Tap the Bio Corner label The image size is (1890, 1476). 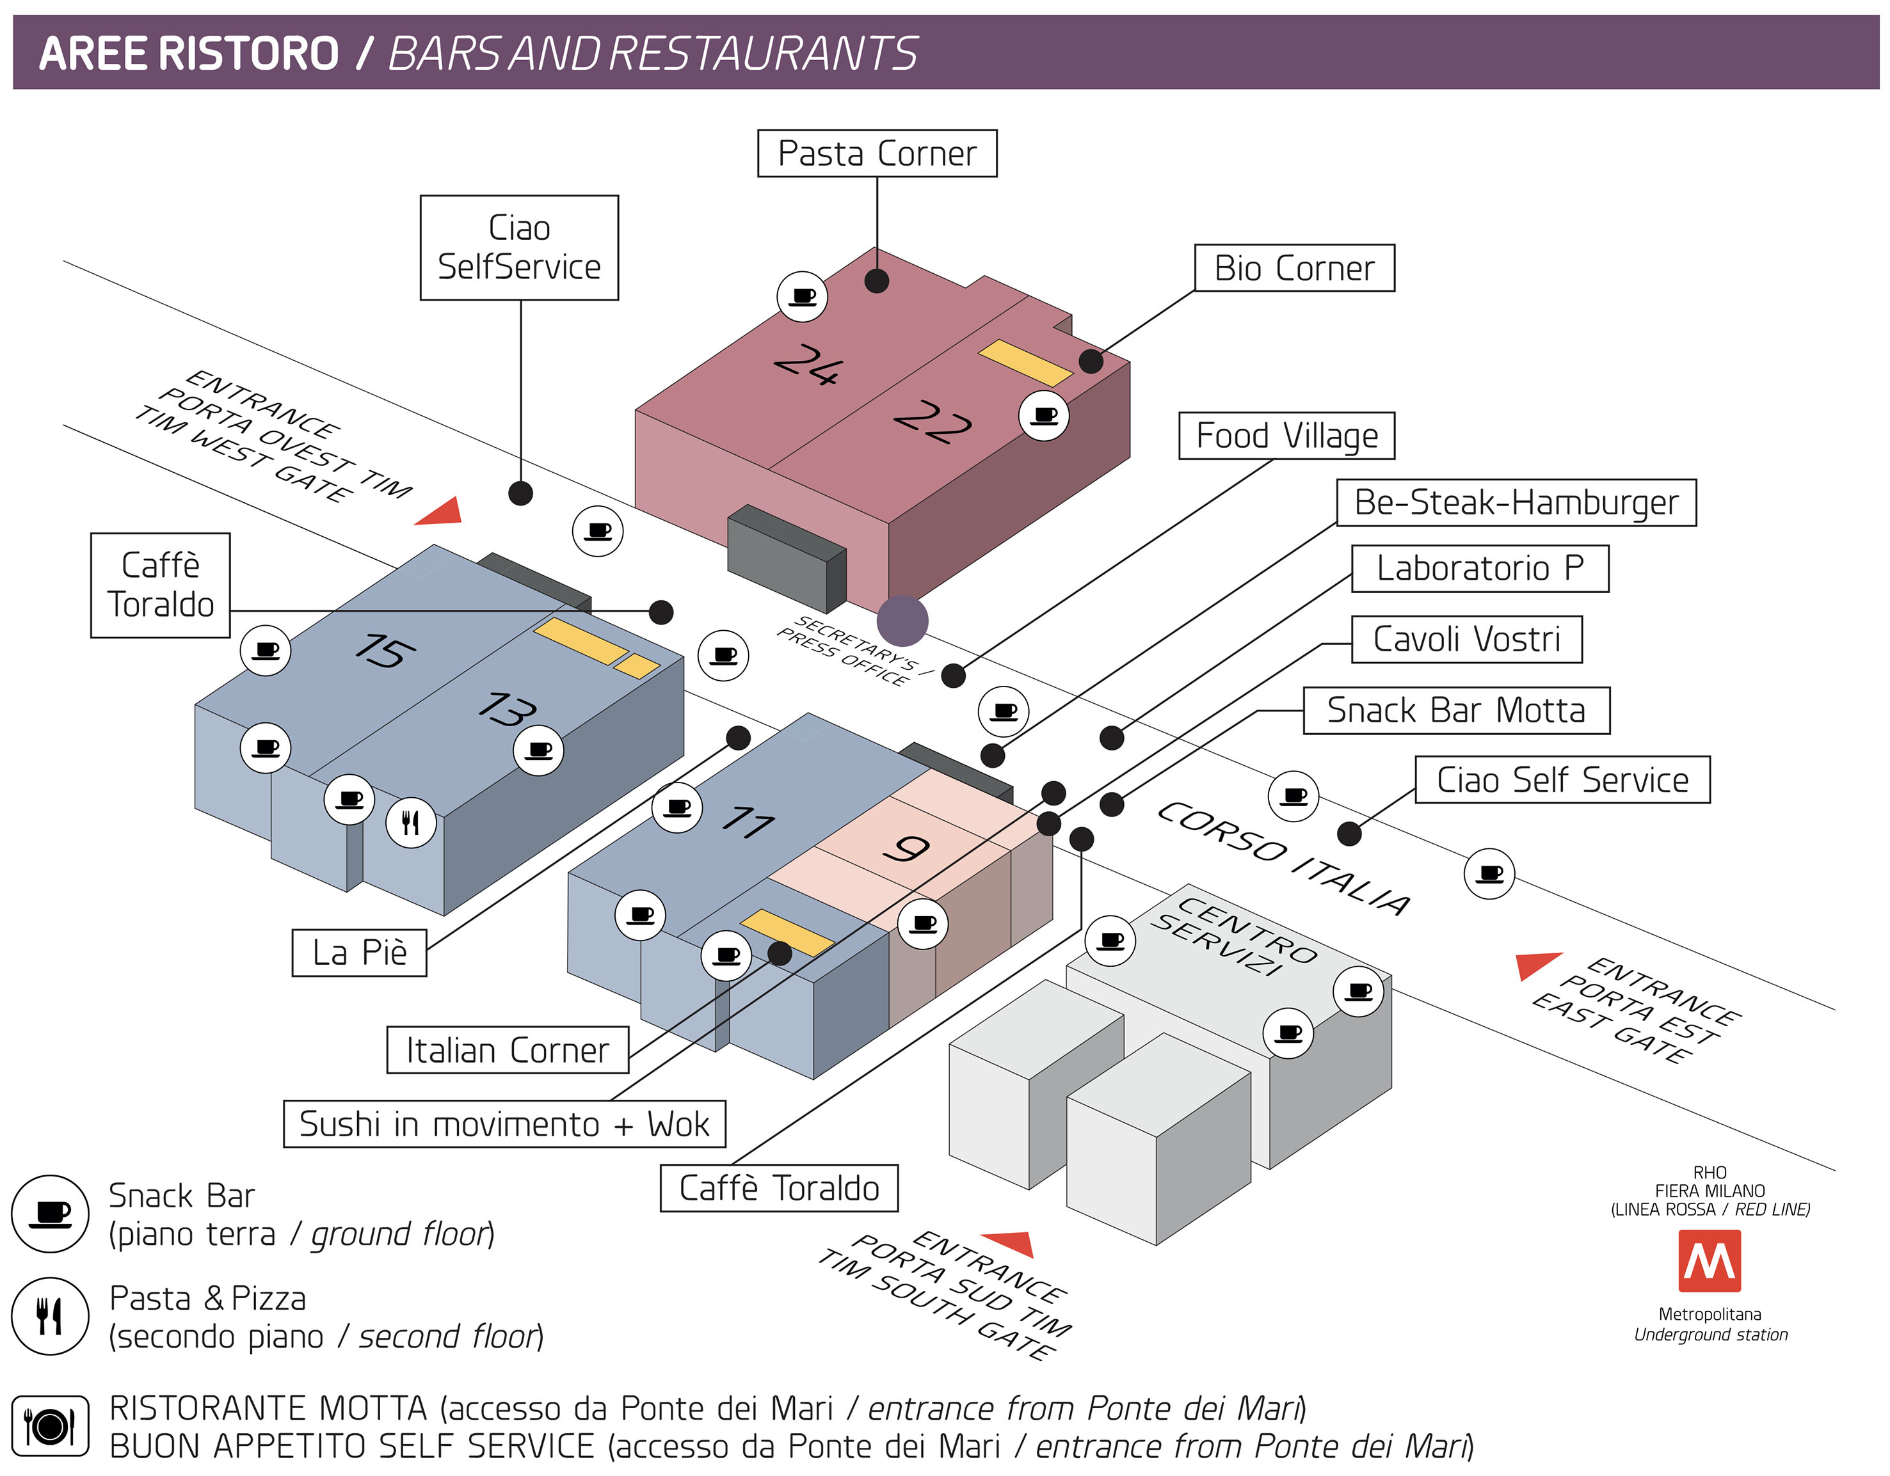1293,268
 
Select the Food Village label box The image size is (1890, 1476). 1286,435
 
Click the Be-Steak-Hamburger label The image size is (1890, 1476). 1516,502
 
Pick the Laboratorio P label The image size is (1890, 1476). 1479,568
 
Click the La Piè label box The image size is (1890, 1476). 359,953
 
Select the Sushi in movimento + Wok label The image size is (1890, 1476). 504,1124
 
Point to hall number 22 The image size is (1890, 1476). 932,422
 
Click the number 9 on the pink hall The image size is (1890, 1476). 906,849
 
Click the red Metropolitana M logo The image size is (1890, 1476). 1709,1260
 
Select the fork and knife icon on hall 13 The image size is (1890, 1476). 410,822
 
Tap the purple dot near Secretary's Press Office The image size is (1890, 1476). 902,621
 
